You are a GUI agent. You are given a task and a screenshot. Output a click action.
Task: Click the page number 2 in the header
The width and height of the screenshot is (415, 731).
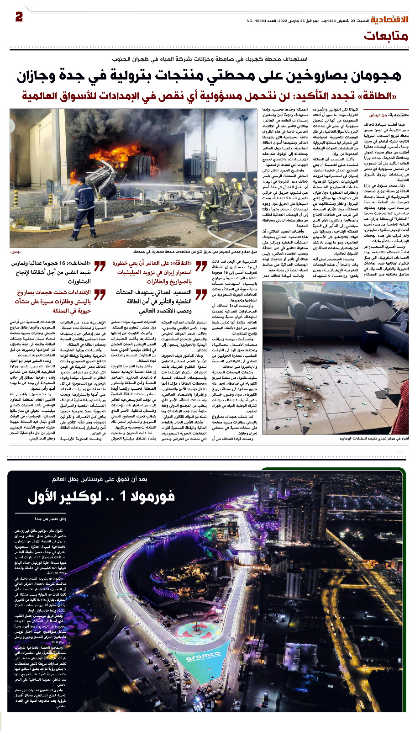[x=19, y=17]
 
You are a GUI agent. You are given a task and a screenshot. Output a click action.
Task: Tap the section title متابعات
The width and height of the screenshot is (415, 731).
[x=386, y=37]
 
